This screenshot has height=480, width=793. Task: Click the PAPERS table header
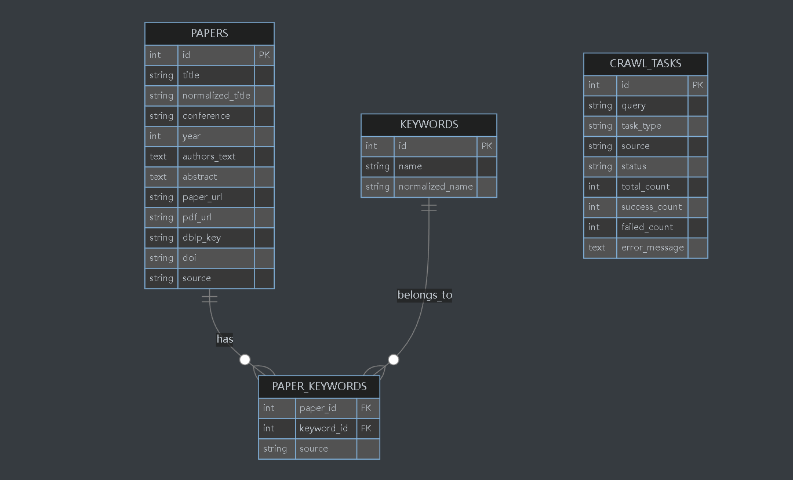tap(209, 33)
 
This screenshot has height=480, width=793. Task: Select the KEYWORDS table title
tap(429, 124)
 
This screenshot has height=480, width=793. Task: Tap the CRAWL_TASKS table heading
tap(645, 63)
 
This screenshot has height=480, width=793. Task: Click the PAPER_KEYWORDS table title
tap(319, 386)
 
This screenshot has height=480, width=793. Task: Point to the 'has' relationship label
tap(225, 339)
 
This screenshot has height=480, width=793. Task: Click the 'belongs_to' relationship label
tap(425, 295)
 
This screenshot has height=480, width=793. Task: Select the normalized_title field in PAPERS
tap(216, 96)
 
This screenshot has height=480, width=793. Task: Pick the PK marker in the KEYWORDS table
tap(487, 146)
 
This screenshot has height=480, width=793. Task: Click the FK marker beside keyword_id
tap(366, 428)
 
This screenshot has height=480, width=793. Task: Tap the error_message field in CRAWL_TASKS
tap(653, 248)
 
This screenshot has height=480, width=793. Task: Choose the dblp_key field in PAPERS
tap(201, 238)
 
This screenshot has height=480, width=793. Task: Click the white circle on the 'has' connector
tap(245, 359)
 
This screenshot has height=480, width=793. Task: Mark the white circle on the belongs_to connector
tap(394, 359)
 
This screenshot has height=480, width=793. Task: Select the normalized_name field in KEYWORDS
tap(435, 187)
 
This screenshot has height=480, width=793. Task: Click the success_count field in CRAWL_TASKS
tap(652, 207)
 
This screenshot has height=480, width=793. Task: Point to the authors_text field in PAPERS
tap(209, 157)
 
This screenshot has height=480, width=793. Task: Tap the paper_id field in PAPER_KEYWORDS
tap(318, 408)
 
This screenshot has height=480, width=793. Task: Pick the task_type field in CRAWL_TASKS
tap(641, 126)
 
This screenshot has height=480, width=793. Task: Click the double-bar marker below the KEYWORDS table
tap(429, 208)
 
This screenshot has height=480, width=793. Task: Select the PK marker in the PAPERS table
tap(264, 55)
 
